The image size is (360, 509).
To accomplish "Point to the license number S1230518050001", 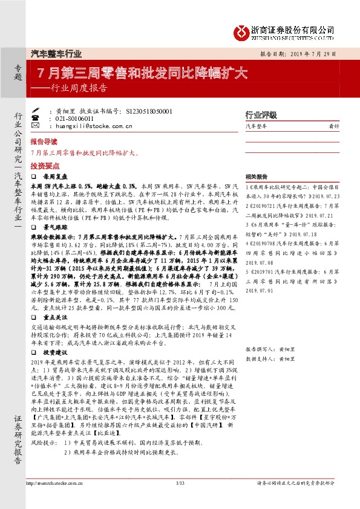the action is coord(150,112).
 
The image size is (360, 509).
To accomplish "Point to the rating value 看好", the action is coord(333,126).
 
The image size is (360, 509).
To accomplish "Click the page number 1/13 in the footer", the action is coord(180,484).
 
